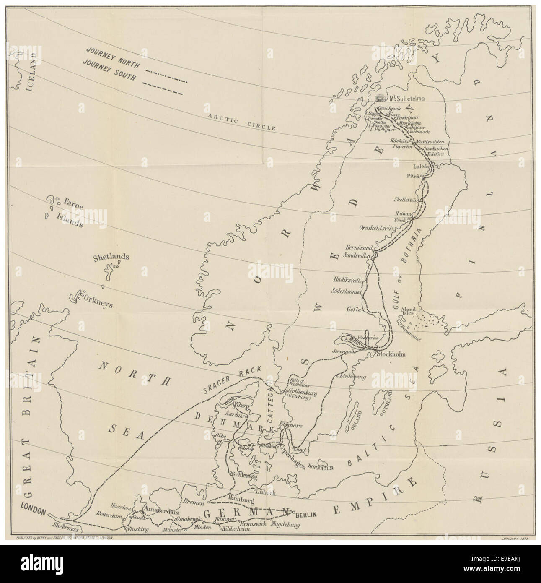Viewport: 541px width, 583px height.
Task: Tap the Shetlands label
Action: pyautogui.click(x=111, y=257)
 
